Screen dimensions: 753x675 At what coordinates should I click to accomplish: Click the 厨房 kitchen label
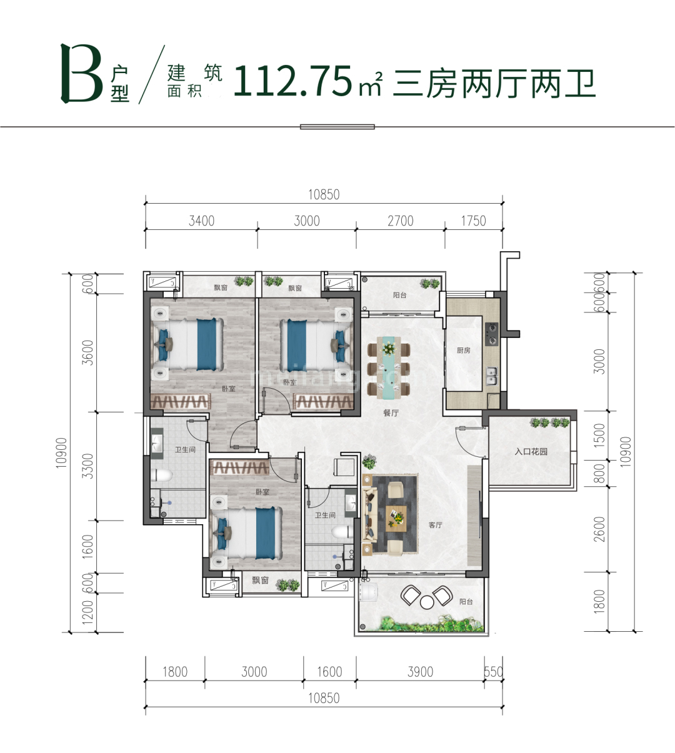click(x=463, y=351)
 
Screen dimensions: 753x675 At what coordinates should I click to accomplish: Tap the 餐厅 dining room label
click(x=391, y=413)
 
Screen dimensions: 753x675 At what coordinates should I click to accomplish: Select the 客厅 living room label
click(x=436, y=525)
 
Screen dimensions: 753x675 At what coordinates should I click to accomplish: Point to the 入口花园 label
click(x=531, y=451)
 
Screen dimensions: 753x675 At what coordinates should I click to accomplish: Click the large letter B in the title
click(x=82, y=74)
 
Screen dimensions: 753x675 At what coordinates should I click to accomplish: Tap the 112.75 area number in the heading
click(x=293, y=82)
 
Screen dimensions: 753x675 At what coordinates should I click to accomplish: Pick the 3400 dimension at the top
click(x=201, y=221)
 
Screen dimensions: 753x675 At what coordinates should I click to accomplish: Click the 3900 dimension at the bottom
click(x=420, y=672)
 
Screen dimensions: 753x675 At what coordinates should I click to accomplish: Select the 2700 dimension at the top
click(x=401, y=221)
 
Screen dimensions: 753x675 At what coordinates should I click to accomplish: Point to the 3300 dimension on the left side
click(x=88, y=466)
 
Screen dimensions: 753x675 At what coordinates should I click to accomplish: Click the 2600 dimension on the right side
click(x=600, y=529)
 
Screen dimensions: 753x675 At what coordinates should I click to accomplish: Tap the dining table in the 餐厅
click(x=389, y=369)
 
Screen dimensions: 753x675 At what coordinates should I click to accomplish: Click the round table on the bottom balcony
click(x=427, y=602)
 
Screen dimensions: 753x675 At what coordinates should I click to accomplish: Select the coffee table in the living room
click(x=396, y=517)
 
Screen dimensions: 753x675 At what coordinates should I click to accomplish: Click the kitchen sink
click(x=492, y=375)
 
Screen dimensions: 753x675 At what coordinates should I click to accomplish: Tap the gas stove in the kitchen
click(x=492, y=334)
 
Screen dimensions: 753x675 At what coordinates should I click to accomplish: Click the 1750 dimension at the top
click(x=473, y=221)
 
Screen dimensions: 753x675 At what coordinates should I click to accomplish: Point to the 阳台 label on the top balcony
click(x=400, y=295)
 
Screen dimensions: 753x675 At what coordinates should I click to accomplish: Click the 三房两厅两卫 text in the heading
click(x=494, y=84)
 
